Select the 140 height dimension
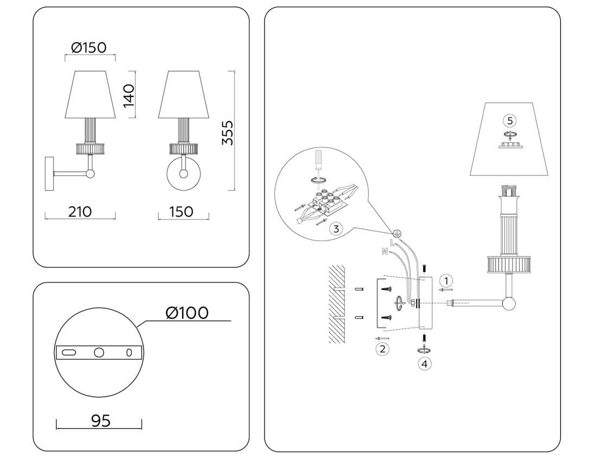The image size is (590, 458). [x=129, y=95]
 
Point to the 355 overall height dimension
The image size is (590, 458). [x=228, y=132]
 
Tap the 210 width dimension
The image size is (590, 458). [x=80, y=212]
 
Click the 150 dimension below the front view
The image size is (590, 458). [x=181, y=212]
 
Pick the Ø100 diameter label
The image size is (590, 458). [x=187, y=313]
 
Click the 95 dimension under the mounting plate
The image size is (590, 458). [x=100, y=421]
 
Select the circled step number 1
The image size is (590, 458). [x=446, y=280]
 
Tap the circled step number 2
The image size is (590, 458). [x=382, y=349]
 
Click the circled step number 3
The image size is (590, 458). [x=336, y=228]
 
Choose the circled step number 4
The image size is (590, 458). [x=425, y=364]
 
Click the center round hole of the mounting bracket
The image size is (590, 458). [x=99, y=352]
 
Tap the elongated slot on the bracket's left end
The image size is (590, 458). [x=69, y=352]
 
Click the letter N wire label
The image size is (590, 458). [x=384, y=251]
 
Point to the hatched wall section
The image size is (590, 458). [x=336, y=304]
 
